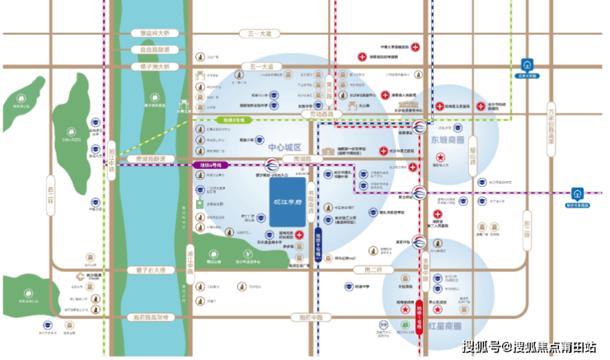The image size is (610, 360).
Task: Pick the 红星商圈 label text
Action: [445, 326]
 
